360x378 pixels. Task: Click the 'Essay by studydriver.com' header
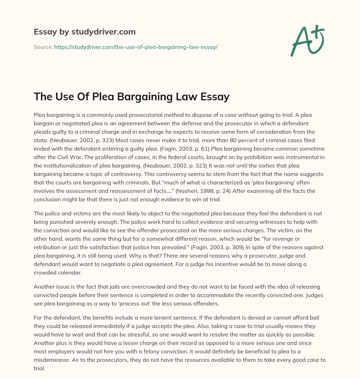pyautogui.click(x=84, y=32)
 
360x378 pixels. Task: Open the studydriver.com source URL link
pyautogui.click(x=136, y=47)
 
